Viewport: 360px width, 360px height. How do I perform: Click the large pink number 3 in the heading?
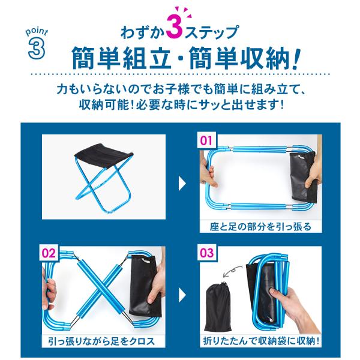(174, 29)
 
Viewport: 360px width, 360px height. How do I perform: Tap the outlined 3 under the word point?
(36, 49)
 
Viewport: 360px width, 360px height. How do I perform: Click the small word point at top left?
(37, 32)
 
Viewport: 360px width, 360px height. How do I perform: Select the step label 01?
(206, 140)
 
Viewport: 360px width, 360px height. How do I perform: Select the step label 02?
(49, 253)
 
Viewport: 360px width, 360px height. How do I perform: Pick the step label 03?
(206, 253)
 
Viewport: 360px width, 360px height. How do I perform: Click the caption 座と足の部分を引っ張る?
(260, 227)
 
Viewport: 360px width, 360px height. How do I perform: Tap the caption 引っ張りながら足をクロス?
(102, 341)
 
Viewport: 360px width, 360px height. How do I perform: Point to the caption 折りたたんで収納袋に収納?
(261, 341)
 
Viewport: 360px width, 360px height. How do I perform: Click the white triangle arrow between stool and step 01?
(182, 183)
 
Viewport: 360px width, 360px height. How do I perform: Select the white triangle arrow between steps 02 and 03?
(182, 295)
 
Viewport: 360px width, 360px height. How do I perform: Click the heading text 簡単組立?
(121, 58)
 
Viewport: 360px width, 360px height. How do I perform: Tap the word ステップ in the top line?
(211, 32)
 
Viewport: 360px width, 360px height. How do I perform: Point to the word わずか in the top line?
(142, 32)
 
